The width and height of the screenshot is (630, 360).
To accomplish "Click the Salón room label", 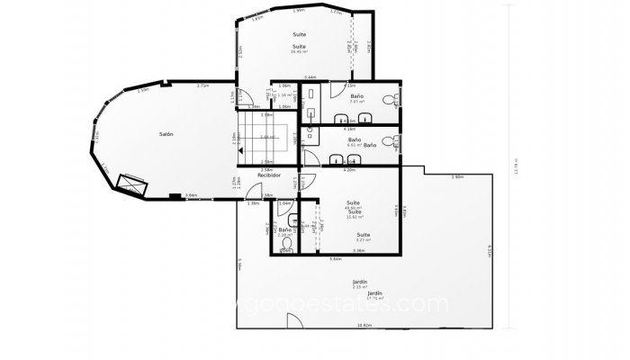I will click(x=166, y=134).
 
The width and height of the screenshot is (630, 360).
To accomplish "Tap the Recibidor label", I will click(x=257, y=175).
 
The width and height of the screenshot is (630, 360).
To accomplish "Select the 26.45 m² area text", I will click(x=300, y=51).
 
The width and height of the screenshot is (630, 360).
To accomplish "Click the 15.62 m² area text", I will click(x=355, y=217).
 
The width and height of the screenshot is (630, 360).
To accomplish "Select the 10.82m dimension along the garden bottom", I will click(x=364, y=325).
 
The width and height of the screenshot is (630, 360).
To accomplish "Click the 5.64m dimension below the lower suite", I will click(x=335, y=259).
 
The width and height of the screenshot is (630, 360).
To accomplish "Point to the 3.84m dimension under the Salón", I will click(x=191, y=195).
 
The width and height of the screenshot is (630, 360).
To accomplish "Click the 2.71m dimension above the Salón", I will click(x=203, y=85).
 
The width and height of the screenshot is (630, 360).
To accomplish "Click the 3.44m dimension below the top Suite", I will click(x=310, y=78).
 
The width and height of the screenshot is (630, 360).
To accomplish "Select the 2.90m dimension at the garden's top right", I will click(x=457, y=176).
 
